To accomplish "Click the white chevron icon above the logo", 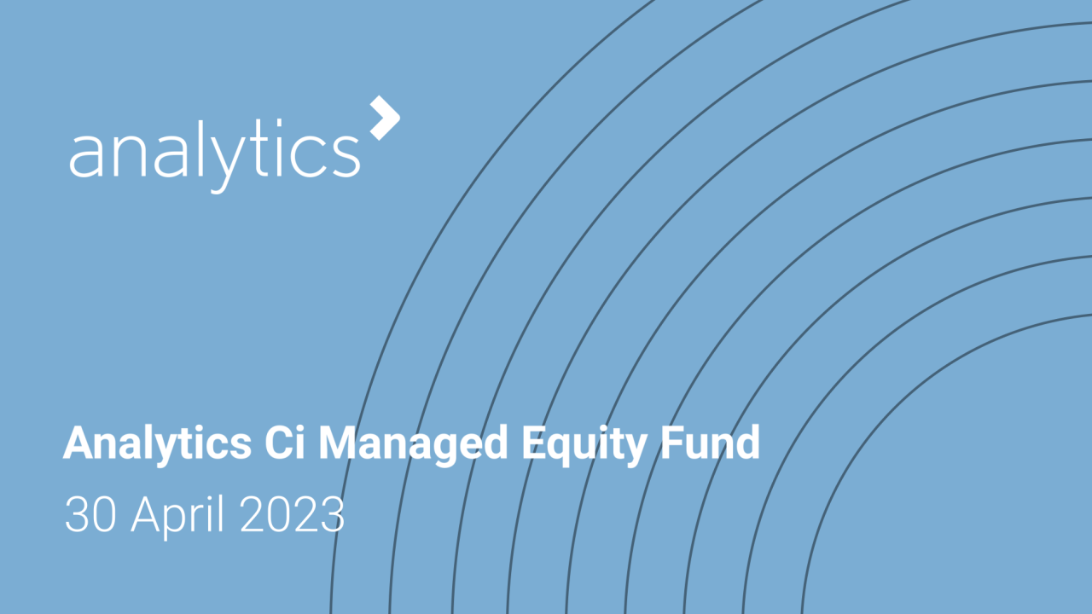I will (386, 118).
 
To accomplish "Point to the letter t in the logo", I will (253, 152).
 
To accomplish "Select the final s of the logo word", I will (346, 155).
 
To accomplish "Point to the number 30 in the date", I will (89, 515).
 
